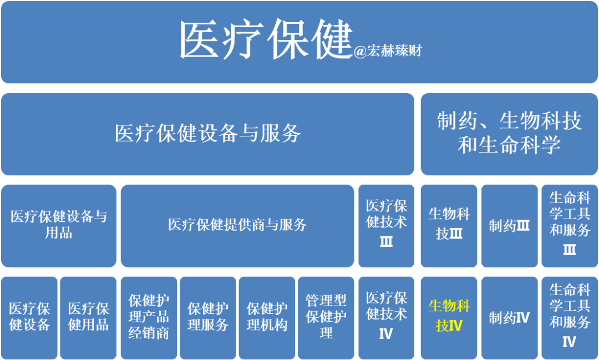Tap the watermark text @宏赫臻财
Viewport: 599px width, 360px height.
coord(388,51)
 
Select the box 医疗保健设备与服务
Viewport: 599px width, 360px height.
coord(207,134)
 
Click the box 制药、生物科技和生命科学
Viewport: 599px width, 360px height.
coord(509,134)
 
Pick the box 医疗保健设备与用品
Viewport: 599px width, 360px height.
coord(59,225)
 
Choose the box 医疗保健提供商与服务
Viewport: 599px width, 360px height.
coord(237,225)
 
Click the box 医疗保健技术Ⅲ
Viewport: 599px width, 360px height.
coord(386,225)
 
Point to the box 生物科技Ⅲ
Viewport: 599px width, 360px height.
coord(449,225)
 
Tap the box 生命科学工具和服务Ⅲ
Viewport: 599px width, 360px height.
coord(569,225)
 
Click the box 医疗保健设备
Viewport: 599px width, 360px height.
coord(29,317)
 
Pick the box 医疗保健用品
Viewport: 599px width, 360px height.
coord(88,317)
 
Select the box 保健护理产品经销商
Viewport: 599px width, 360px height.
coord(149,317)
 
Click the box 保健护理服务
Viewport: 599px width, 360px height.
coord(207,317)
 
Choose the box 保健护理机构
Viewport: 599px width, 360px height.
coord(267,317)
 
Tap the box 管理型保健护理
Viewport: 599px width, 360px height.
coord(326,317)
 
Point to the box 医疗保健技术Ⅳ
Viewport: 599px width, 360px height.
coord(386,317)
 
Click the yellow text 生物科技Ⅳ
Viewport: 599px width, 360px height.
coord(449,316)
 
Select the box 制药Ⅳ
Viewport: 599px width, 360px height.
coord(509,318)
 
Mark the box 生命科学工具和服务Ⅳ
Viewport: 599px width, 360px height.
coord(569,317)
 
